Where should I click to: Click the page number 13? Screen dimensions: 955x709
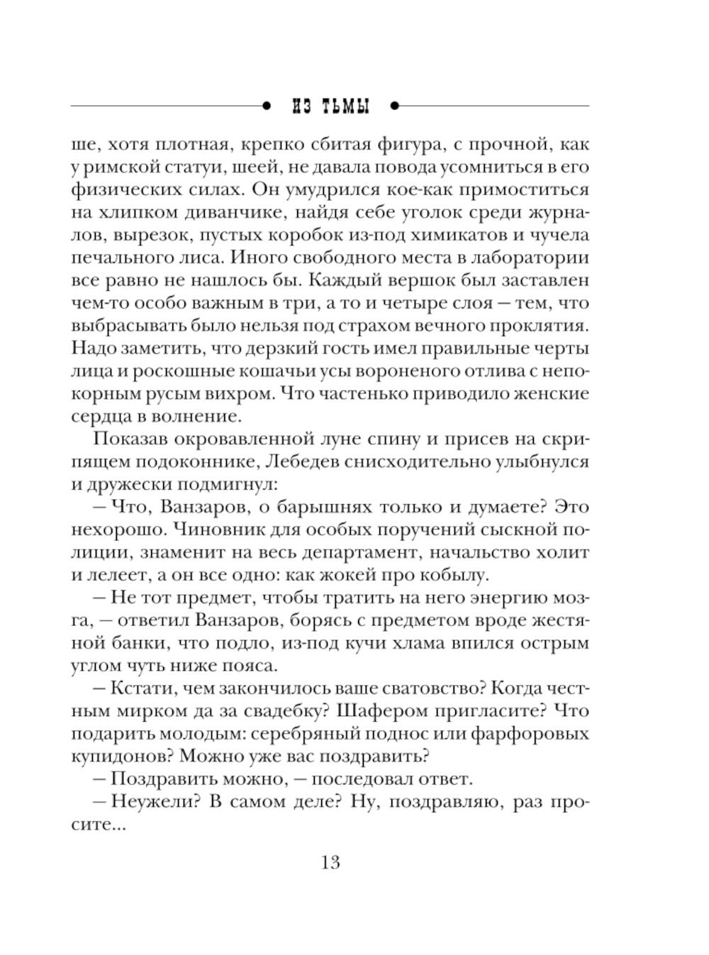point(330,862)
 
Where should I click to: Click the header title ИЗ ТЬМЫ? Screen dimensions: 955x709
point(331,106)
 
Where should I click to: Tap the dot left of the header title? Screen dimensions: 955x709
point(267,106)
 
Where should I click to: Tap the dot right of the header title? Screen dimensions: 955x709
point(395,106)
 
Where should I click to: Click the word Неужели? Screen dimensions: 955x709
point(148,801)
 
